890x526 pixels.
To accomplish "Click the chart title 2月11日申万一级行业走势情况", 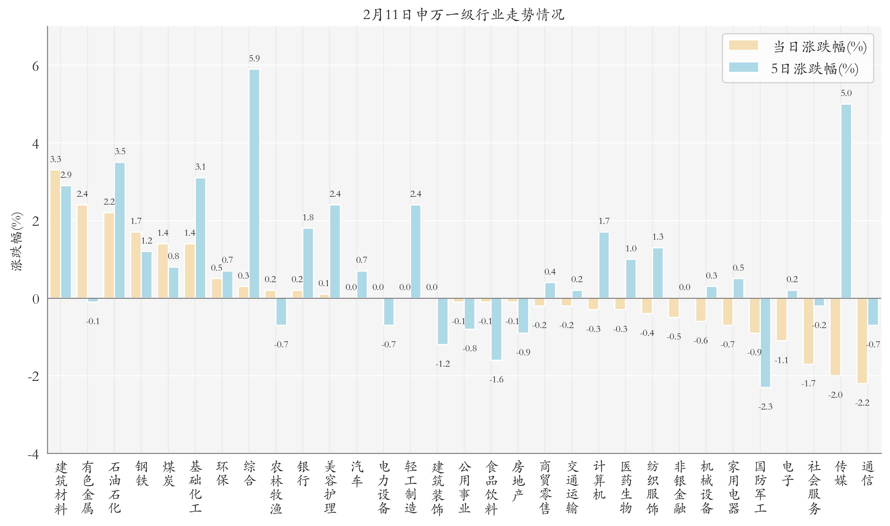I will coord(463,15).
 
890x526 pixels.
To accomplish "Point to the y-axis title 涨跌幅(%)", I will coord(17,242).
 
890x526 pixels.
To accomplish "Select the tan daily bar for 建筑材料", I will coord(55,234).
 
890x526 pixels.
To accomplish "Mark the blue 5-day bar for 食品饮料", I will coord(496,329).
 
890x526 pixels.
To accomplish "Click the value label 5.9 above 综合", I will coord(254,59).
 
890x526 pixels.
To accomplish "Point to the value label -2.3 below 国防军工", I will coord(765,406).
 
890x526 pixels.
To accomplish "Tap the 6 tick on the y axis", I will coord(35,66).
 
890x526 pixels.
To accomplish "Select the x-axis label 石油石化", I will coord(114,487).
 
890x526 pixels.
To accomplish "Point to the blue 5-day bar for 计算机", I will coord(604,265).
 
